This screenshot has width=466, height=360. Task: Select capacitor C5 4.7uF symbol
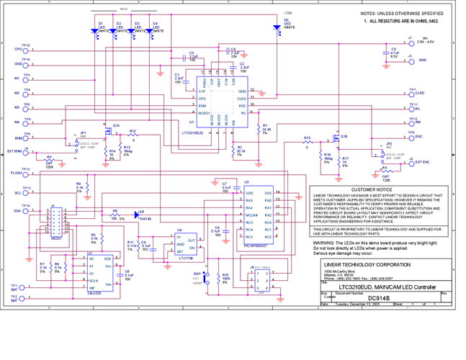[x=383, y=53]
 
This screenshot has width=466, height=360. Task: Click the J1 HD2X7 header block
[x=56, y=222]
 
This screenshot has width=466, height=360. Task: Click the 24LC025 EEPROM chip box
[x=99, y=272]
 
